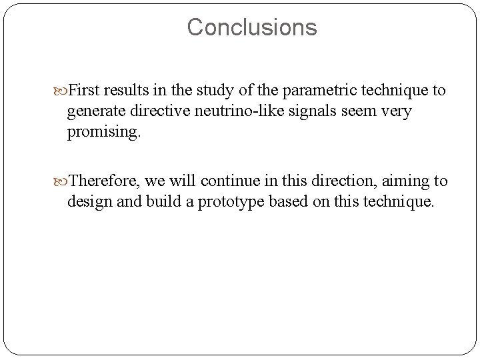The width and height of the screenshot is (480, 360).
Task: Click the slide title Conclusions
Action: pos(252,27)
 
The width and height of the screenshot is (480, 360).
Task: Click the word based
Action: pos(285,201)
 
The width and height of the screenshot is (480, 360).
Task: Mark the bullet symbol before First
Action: pos(62,90)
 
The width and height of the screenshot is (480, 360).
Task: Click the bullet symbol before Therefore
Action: pos(62,181)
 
